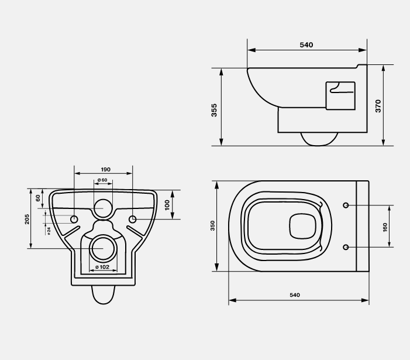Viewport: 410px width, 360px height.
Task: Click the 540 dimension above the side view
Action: (x=306, y=45)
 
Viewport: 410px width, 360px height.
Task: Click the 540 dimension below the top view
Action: (x=295, y=295)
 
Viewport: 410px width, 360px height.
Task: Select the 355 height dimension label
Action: (x=214, y=110)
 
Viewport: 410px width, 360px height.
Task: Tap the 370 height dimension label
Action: (x=378, y=106)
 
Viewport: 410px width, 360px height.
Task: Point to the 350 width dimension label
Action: (x=212, y=226)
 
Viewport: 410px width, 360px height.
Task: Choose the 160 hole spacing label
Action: (x=385, y=228)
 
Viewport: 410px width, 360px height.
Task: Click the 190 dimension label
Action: (x=106, y=170)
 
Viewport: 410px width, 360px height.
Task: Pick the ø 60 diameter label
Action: (x=102, y=180)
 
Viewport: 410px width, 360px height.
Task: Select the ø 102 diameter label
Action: (x=102, y=267)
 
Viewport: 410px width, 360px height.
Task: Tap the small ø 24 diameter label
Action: (x=49, y=231)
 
